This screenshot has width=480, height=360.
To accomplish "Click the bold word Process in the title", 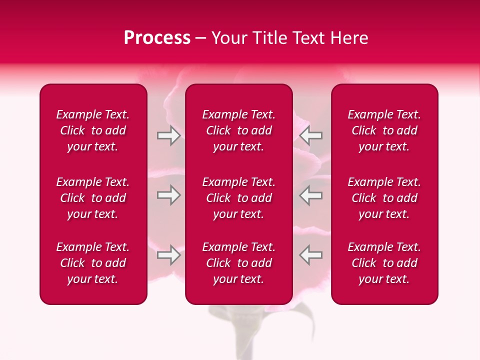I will [157, 38].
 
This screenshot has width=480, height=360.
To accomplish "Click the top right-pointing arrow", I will [168, 135].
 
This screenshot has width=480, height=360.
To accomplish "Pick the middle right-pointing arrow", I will [168, 195].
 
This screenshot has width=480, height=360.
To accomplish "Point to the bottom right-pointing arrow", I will [168, 255].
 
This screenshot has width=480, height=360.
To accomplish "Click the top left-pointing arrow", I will [311, 135].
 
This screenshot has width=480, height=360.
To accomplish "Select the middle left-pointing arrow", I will [311, 195].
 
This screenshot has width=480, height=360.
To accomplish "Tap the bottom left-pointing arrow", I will [311, 255].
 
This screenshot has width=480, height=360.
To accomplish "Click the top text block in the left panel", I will [93, 130].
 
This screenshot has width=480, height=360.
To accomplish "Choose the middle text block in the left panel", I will [93, 198].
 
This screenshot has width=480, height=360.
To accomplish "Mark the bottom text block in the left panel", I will [93, 263].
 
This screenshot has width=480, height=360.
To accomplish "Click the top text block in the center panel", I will [238, 130].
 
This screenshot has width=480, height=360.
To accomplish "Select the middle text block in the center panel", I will [238, 198].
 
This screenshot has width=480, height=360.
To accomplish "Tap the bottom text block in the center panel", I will [238, 263].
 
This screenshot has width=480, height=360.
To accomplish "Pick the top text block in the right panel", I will [384, 130].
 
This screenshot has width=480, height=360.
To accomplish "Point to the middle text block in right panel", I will [384, 198].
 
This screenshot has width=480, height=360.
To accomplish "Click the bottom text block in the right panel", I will [384, 263].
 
